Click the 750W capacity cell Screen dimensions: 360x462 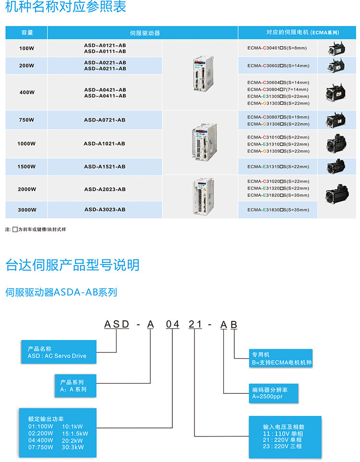point(26,120)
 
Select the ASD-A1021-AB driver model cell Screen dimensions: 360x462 point(105,144)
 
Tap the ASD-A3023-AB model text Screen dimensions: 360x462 point(105,209)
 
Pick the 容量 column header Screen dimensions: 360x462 point(26,33)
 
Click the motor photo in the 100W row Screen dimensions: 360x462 point(336,49)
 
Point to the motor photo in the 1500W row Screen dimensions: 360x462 point(336,167)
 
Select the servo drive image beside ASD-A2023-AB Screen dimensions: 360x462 point(203,196)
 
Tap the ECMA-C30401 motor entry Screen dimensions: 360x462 point(277,48)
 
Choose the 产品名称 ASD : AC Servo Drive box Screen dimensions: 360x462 point(59,352)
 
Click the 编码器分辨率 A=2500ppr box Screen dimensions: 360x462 point(274,393)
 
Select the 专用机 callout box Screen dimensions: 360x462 point(281,358)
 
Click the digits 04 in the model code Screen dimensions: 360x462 point(173,324)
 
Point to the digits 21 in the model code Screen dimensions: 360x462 point(195,324)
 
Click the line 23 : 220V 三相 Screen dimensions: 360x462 point(282,446)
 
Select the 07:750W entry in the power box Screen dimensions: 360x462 point(41,447)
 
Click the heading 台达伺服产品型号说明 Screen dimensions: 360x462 point(72,265)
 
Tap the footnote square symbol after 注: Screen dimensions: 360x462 point(15,230)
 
